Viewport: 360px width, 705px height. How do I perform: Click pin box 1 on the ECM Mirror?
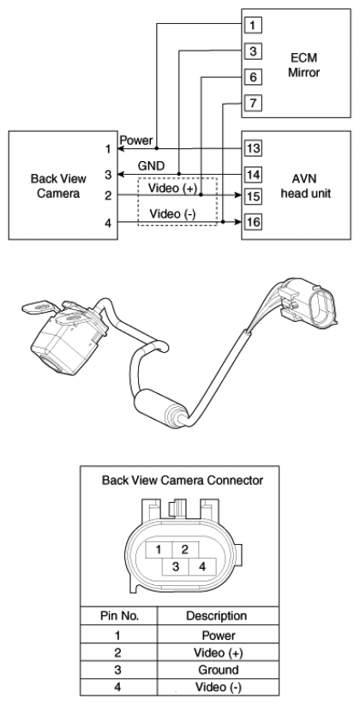click(x=253, y=25)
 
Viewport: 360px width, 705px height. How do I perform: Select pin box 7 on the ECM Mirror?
click(x=253, y=104)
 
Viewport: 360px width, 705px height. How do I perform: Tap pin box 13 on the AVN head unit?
click(x=254, y=148)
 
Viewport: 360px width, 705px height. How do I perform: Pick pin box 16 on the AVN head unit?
click(x=254, y=222)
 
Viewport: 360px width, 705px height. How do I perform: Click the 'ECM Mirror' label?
click(x=303, y=65)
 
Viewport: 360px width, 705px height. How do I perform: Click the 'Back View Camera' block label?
click(x=58, y=186)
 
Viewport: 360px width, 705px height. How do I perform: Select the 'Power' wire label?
click(x=136, y=140)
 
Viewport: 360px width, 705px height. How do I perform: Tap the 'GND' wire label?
click(x=151, y=166)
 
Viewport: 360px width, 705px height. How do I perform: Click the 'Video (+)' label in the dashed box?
click(x=173, y=188)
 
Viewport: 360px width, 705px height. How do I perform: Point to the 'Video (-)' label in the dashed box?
click(x=172, y=213)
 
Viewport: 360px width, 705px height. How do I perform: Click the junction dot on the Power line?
click(x=157, y=148)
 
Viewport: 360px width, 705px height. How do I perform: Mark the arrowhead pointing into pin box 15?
click(x=240, y=195)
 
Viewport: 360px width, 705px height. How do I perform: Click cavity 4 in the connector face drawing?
click(x=202, y=566)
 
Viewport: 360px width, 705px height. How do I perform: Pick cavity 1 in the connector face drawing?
click(x=159, y=549)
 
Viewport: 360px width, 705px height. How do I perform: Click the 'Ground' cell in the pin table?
click(x=219, y=670)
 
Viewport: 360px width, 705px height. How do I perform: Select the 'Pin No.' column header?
click(x=119, y=616)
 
